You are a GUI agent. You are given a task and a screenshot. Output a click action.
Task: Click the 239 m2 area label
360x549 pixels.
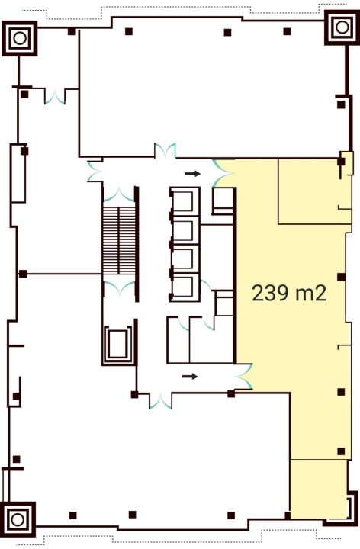(289, 293)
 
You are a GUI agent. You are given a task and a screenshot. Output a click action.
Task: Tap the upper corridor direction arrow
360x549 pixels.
(193, 173)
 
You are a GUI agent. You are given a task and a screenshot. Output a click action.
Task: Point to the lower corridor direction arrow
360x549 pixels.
(190, 377)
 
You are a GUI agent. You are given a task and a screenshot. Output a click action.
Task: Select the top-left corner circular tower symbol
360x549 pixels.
(19, 38)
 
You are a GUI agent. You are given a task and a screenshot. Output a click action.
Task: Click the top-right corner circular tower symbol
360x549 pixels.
(342, 27)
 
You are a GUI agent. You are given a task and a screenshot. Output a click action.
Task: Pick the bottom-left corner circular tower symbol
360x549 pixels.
(18, 519)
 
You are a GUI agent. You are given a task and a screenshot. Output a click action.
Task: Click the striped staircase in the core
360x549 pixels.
(119, 240)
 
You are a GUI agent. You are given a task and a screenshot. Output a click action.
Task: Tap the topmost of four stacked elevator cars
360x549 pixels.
(184, 202)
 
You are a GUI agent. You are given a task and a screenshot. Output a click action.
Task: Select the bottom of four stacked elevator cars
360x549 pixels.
(184, 287)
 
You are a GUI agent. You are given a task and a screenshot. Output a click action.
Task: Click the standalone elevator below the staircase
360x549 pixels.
(118, 345)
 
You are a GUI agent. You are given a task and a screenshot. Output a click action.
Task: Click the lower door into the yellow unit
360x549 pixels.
(245, 377)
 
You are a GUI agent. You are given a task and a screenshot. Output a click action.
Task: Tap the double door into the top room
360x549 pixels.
(166, 151)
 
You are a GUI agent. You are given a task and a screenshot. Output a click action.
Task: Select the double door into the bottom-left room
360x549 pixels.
(160, 401)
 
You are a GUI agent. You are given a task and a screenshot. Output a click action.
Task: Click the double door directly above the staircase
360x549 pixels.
(119, 194)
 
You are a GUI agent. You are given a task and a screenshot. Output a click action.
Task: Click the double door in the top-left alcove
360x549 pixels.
(55, 97)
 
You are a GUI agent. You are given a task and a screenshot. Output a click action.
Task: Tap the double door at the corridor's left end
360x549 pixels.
(95, 171)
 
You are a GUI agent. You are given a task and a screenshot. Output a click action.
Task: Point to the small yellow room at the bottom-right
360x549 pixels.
(319, 489)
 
